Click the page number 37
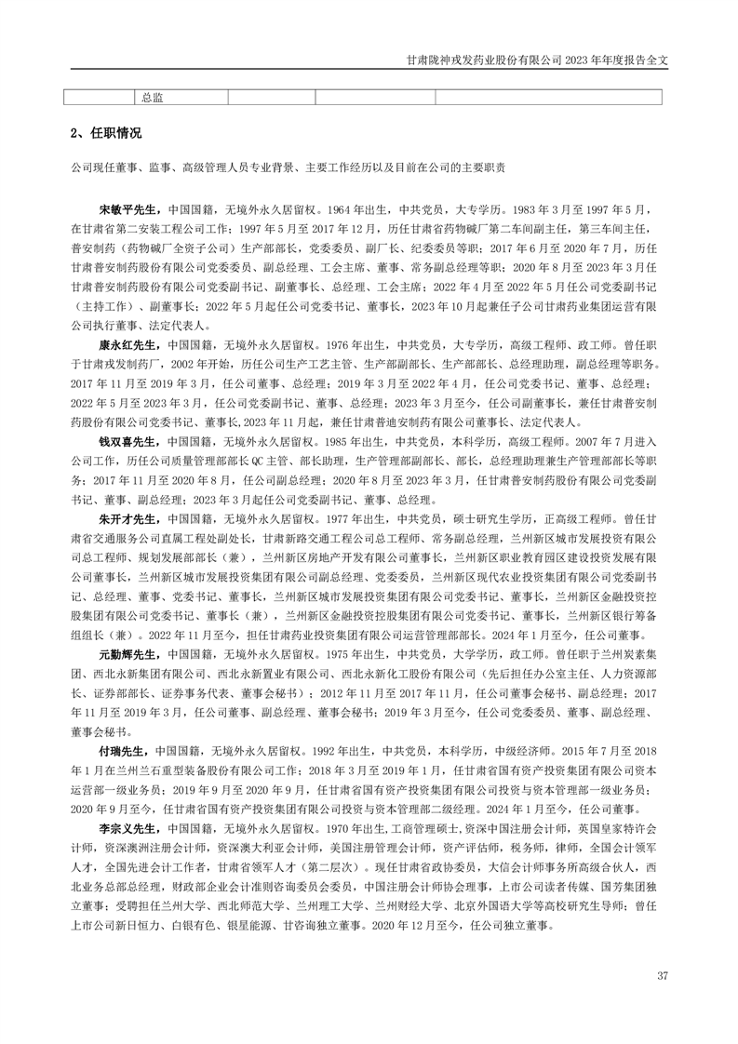click(663, 976)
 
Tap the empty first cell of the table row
click(100, 96)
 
